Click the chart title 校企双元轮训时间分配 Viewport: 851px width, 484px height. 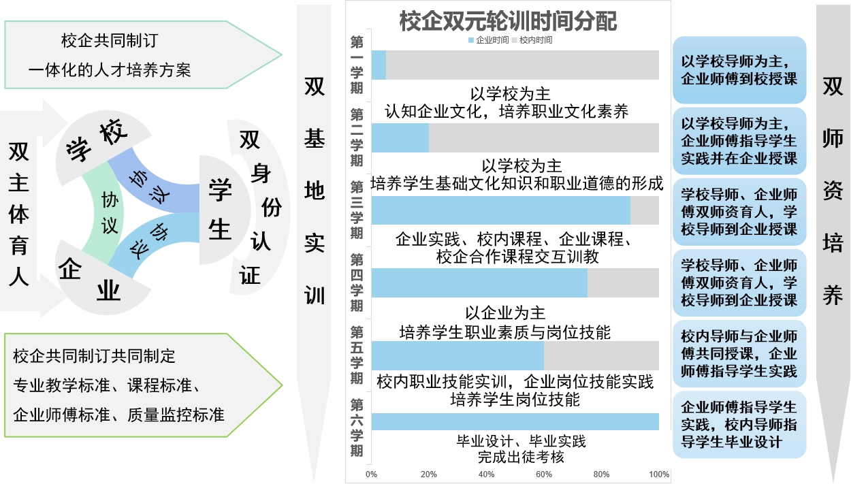508,21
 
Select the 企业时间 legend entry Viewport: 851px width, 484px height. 488,40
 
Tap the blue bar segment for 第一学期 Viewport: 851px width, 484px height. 379,65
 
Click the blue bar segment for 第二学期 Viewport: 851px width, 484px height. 400,138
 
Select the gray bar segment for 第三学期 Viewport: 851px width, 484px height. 644,210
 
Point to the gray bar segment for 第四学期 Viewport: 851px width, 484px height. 623,283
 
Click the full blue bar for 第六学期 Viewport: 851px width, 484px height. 515,421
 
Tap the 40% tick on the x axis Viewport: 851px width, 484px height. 486,474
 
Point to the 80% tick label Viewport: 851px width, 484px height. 601,474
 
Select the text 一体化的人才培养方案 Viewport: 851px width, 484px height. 110,69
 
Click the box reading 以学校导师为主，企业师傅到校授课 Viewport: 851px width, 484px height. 739,70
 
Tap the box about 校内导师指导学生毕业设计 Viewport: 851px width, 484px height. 739,425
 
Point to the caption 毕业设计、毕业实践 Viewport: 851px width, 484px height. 521,441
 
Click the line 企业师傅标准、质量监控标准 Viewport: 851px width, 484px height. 118,414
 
